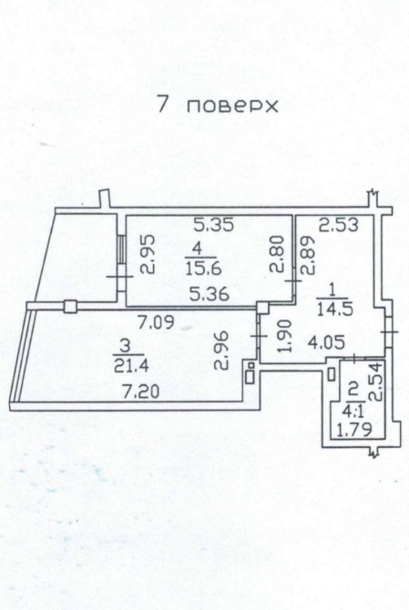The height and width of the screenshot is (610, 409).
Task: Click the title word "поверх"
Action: (232, 107)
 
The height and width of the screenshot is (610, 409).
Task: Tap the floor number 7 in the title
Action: (163, 104)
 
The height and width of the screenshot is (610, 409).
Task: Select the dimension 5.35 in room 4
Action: (214, 225)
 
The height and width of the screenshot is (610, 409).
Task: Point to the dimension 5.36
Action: (210, 294)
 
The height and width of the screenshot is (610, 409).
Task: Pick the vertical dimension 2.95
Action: (147, 254)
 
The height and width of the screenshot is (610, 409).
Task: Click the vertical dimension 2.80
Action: (278, 257)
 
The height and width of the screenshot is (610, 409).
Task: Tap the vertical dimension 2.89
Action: (308, 255)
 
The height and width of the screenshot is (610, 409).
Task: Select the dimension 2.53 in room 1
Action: (339, 225)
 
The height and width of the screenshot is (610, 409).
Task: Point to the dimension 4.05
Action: (326, 342)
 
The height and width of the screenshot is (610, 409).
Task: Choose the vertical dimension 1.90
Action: (285, 335)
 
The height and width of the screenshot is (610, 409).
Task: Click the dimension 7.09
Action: (157, 322)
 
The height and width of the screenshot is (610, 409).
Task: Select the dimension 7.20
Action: (140, 391)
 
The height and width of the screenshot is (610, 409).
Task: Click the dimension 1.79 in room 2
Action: (353, 431)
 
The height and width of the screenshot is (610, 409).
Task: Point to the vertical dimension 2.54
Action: (377, 381)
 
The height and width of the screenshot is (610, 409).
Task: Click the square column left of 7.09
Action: (69, 306)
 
